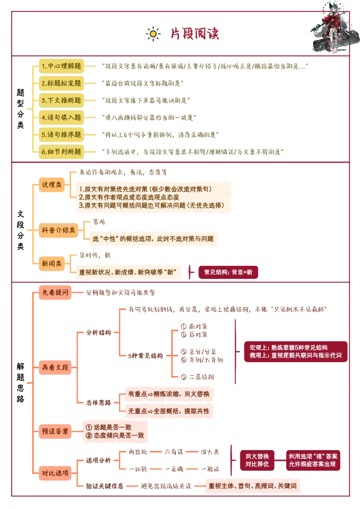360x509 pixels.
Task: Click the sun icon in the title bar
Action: click(153, 34)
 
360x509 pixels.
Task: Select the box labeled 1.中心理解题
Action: click(61, 67)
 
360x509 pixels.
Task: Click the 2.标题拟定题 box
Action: click(61, 83)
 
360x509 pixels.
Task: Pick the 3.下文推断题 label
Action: click(61, 100)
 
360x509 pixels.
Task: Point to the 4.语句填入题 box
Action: click(61, 117)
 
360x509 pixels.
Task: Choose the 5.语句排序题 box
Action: click(61, 134)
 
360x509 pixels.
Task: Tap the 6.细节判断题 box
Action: click(61, 152)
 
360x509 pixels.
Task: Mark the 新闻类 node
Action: click(51, 263)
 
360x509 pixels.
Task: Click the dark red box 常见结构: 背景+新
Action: click(228, 272)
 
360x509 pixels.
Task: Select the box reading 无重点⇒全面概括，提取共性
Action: click(169, 411)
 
